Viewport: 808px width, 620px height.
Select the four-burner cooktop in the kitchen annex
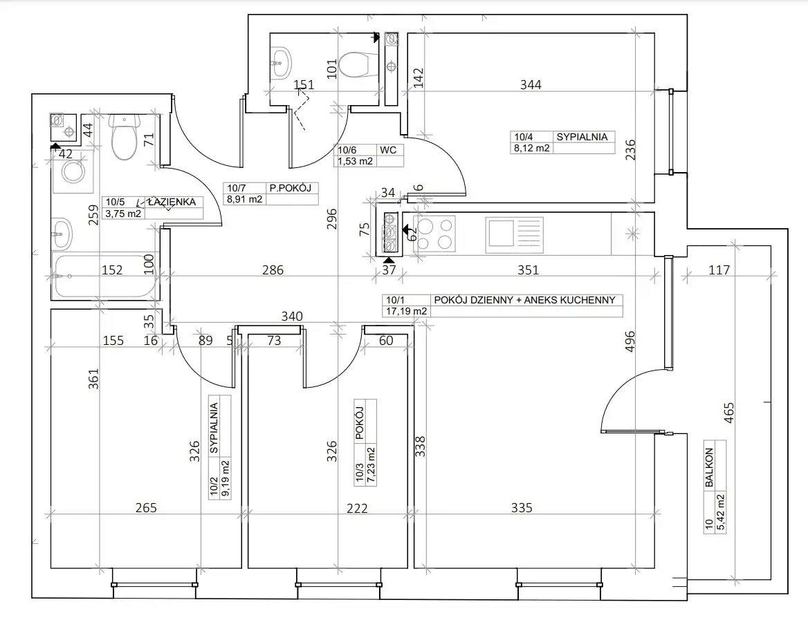434,234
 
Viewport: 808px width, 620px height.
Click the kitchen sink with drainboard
514,234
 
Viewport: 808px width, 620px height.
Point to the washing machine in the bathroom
73,171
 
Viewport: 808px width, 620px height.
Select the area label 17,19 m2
407,311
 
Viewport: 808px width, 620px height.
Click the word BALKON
709,467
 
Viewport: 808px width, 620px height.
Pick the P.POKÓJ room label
290,189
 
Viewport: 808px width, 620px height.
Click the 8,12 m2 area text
532,149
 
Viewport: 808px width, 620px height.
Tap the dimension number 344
531,84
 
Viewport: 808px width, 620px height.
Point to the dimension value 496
630,341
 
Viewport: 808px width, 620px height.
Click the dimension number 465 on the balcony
728,413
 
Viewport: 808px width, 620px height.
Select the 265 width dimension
146,508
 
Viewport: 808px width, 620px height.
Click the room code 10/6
347,151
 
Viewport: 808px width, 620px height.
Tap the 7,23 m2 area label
371,466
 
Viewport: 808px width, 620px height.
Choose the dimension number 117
719,270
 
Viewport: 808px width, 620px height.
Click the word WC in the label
388,150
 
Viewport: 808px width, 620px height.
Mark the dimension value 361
93,379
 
